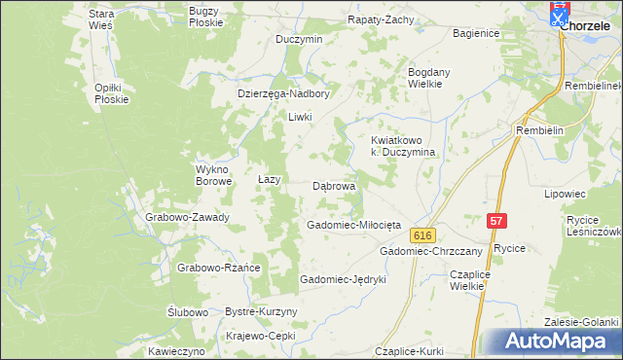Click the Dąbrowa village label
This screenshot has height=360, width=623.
coord(334,185)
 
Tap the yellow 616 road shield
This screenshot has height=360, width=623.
coord(421,235)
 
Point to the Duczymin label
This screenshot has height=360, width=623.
coord(299,40)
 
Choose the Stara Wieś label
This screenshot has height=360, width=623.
coord(101,19)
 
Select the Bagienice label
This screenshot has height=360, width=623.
coord(476,33)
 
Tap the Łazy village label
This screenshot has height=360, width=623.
coord(269,180)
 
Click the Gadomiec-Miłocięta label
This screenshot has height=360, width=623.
coord(353,225)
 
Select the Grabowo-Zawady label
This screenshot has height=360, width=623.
coord(187,217)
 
